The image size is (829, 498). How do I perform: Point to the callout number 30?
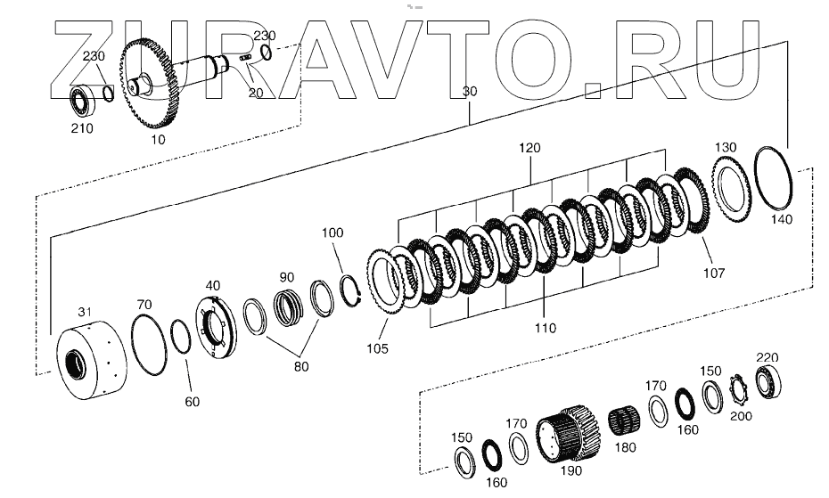point(470,91)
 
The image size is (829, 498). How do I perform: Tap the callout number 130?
point(726,147)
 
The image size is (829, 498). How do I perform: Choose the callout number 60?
point(193,402)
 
